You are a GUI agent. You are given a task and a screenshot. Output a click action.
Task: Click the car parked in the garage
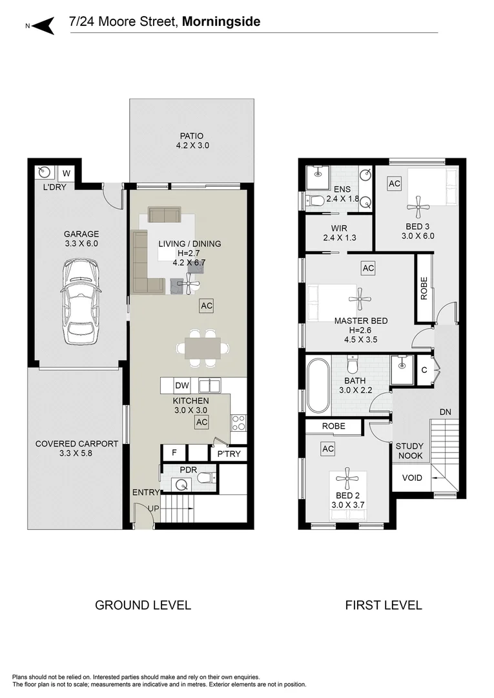point(81,302)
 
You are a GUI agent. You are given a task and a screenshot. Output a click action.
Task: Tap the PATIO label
point(191,136)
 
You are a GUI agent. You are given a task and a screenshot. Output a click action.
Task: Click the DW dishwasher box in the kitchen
point(183,386)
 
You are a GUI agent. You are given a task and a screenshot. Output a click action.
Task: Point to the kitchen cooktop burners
point(238,423)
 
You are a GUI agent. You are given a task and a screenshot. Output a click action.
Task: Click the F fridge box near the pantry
point(174,452)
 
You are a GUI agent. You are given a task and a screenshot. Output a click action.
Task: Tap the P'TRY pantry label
point(229,454)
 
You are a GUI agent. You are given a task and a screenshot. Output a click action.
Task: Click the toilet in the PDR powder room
point(203,479)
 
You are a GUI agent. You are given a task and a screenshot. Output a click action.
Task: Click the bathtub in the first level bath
point(318,386)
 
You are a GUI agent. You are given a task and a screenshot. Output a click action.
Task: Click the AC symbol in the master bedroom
point(368,268)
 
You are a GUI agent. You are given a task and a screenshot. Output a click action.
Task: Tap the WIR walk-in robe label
point(339,228)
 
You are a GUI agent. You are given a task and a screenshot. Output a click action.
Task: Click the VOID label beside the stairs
point(412,478)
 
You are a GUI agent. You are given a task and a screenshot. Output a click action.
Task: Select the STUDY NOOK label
point(409,450)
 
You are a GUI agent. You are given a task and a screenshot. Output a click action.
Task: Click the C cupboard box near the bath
point(424,370)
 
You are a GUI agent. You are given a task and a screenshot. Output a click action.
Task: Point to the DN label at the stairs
point(445,411)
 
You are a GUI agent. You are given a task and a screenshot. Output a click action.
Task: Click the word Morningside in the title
point(221,22)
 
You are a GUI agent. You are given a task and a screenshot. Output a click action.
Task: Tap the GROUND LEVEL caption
point(143,605)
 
